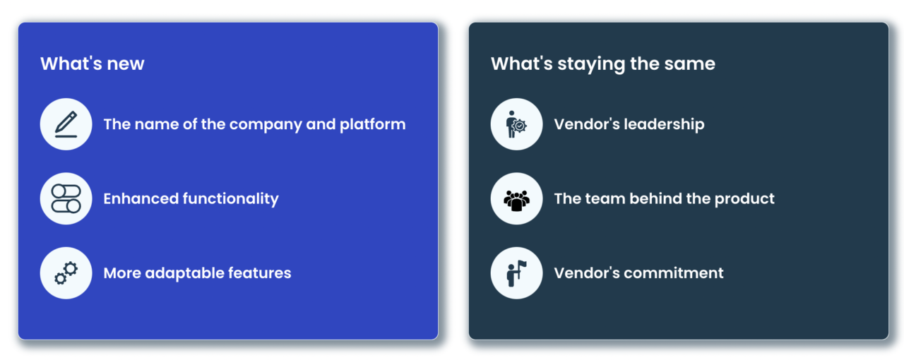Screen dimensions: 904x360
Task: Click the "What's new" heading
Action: (92, 64)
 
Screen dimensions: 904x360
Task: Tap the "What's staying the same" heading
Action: (603, 64)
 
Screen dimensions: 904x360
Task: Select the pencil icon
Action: (66, 124)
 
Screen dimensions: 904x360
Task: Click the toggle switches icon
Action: (66, 198)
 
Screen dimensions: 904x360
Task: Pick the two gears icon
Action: (66, 273)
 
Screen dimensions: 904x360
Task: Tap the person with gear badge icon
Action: (516, 124)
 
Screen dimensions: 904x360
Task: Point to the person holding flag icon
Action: (516, 273)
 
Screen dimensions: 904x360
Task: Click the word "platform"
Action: (372, 125)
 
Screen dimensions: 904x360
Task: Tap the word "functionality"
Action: (230, 199)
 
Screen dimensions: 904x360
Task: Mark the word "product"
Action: (744, 199)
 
